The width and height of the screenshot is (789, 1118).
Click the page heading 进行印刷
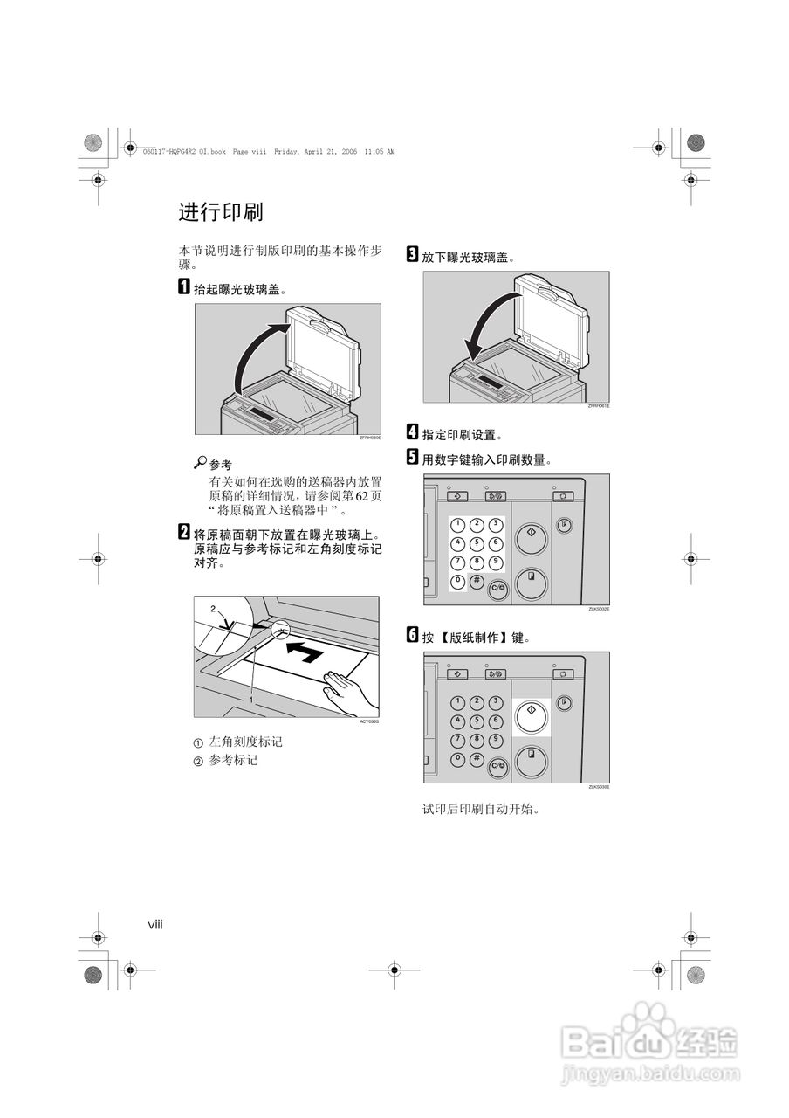pyautogui.click(x=221, y=212)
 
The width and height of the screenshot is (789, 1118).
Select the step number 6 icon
pyautogui.click(x=412, y=636)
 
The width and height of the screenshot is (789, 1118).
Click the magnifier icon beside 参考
pyautogui.click(x=200, y=463)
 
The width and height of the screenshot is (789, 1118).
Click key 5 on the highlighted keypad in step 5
pyautogui.click(x=477, y=543)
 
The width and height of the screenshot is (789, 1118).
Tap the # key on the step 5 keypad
pyautogui.click(x=477, y=581)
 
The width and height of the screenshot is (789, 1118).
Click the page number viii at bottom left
pyautogui.click(x=154, y=923)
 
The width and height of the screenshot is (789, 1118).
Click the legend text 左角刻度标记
pyautogui.click(x=245, y=742)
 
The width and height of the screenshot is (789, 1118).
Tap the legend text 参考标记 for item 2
pyautogui.click(x=233, y=761)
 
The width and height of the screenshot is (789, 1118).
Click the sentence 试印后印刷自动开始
pyautogui.click(x=481, y=809)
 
